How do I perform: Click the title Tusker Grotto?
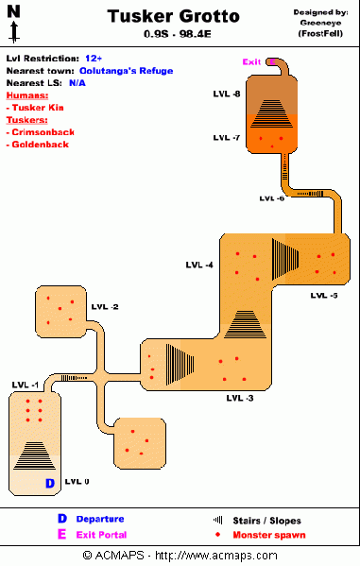173,17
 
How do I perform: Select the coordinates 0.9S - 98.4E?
174,35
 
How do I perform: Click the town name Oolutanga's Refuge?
129,70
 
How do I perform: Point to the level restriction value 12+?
94,58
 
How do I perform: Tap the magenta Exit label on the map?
251,62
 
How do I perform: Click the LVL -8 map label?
226,94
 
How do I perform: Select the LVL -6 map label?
271,198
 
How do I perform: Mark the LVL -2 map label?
104,307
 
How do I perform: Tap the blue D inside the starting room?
49,484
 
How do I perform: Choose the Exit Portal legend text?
99,534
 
